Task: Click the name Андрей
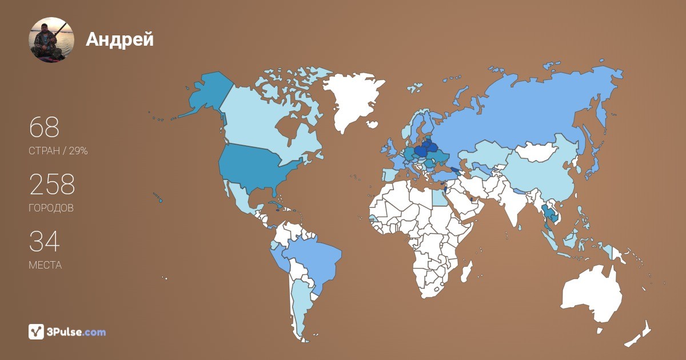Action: click(119, 39)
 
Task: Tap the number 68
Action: click(44, 127)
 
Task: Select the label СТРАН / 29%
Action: click(58, 151)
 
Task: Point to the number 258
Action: click(52, 184)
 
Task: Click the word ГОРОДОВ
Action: click(51, 208)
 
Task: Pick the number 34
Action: click(44, 241)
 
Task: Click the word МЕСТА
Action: click(45, 265)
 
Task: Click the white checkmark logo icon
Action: click(37, 331)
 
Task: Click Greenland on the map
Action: click(353, 100)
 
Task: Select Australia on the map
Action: click(592, 294)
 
